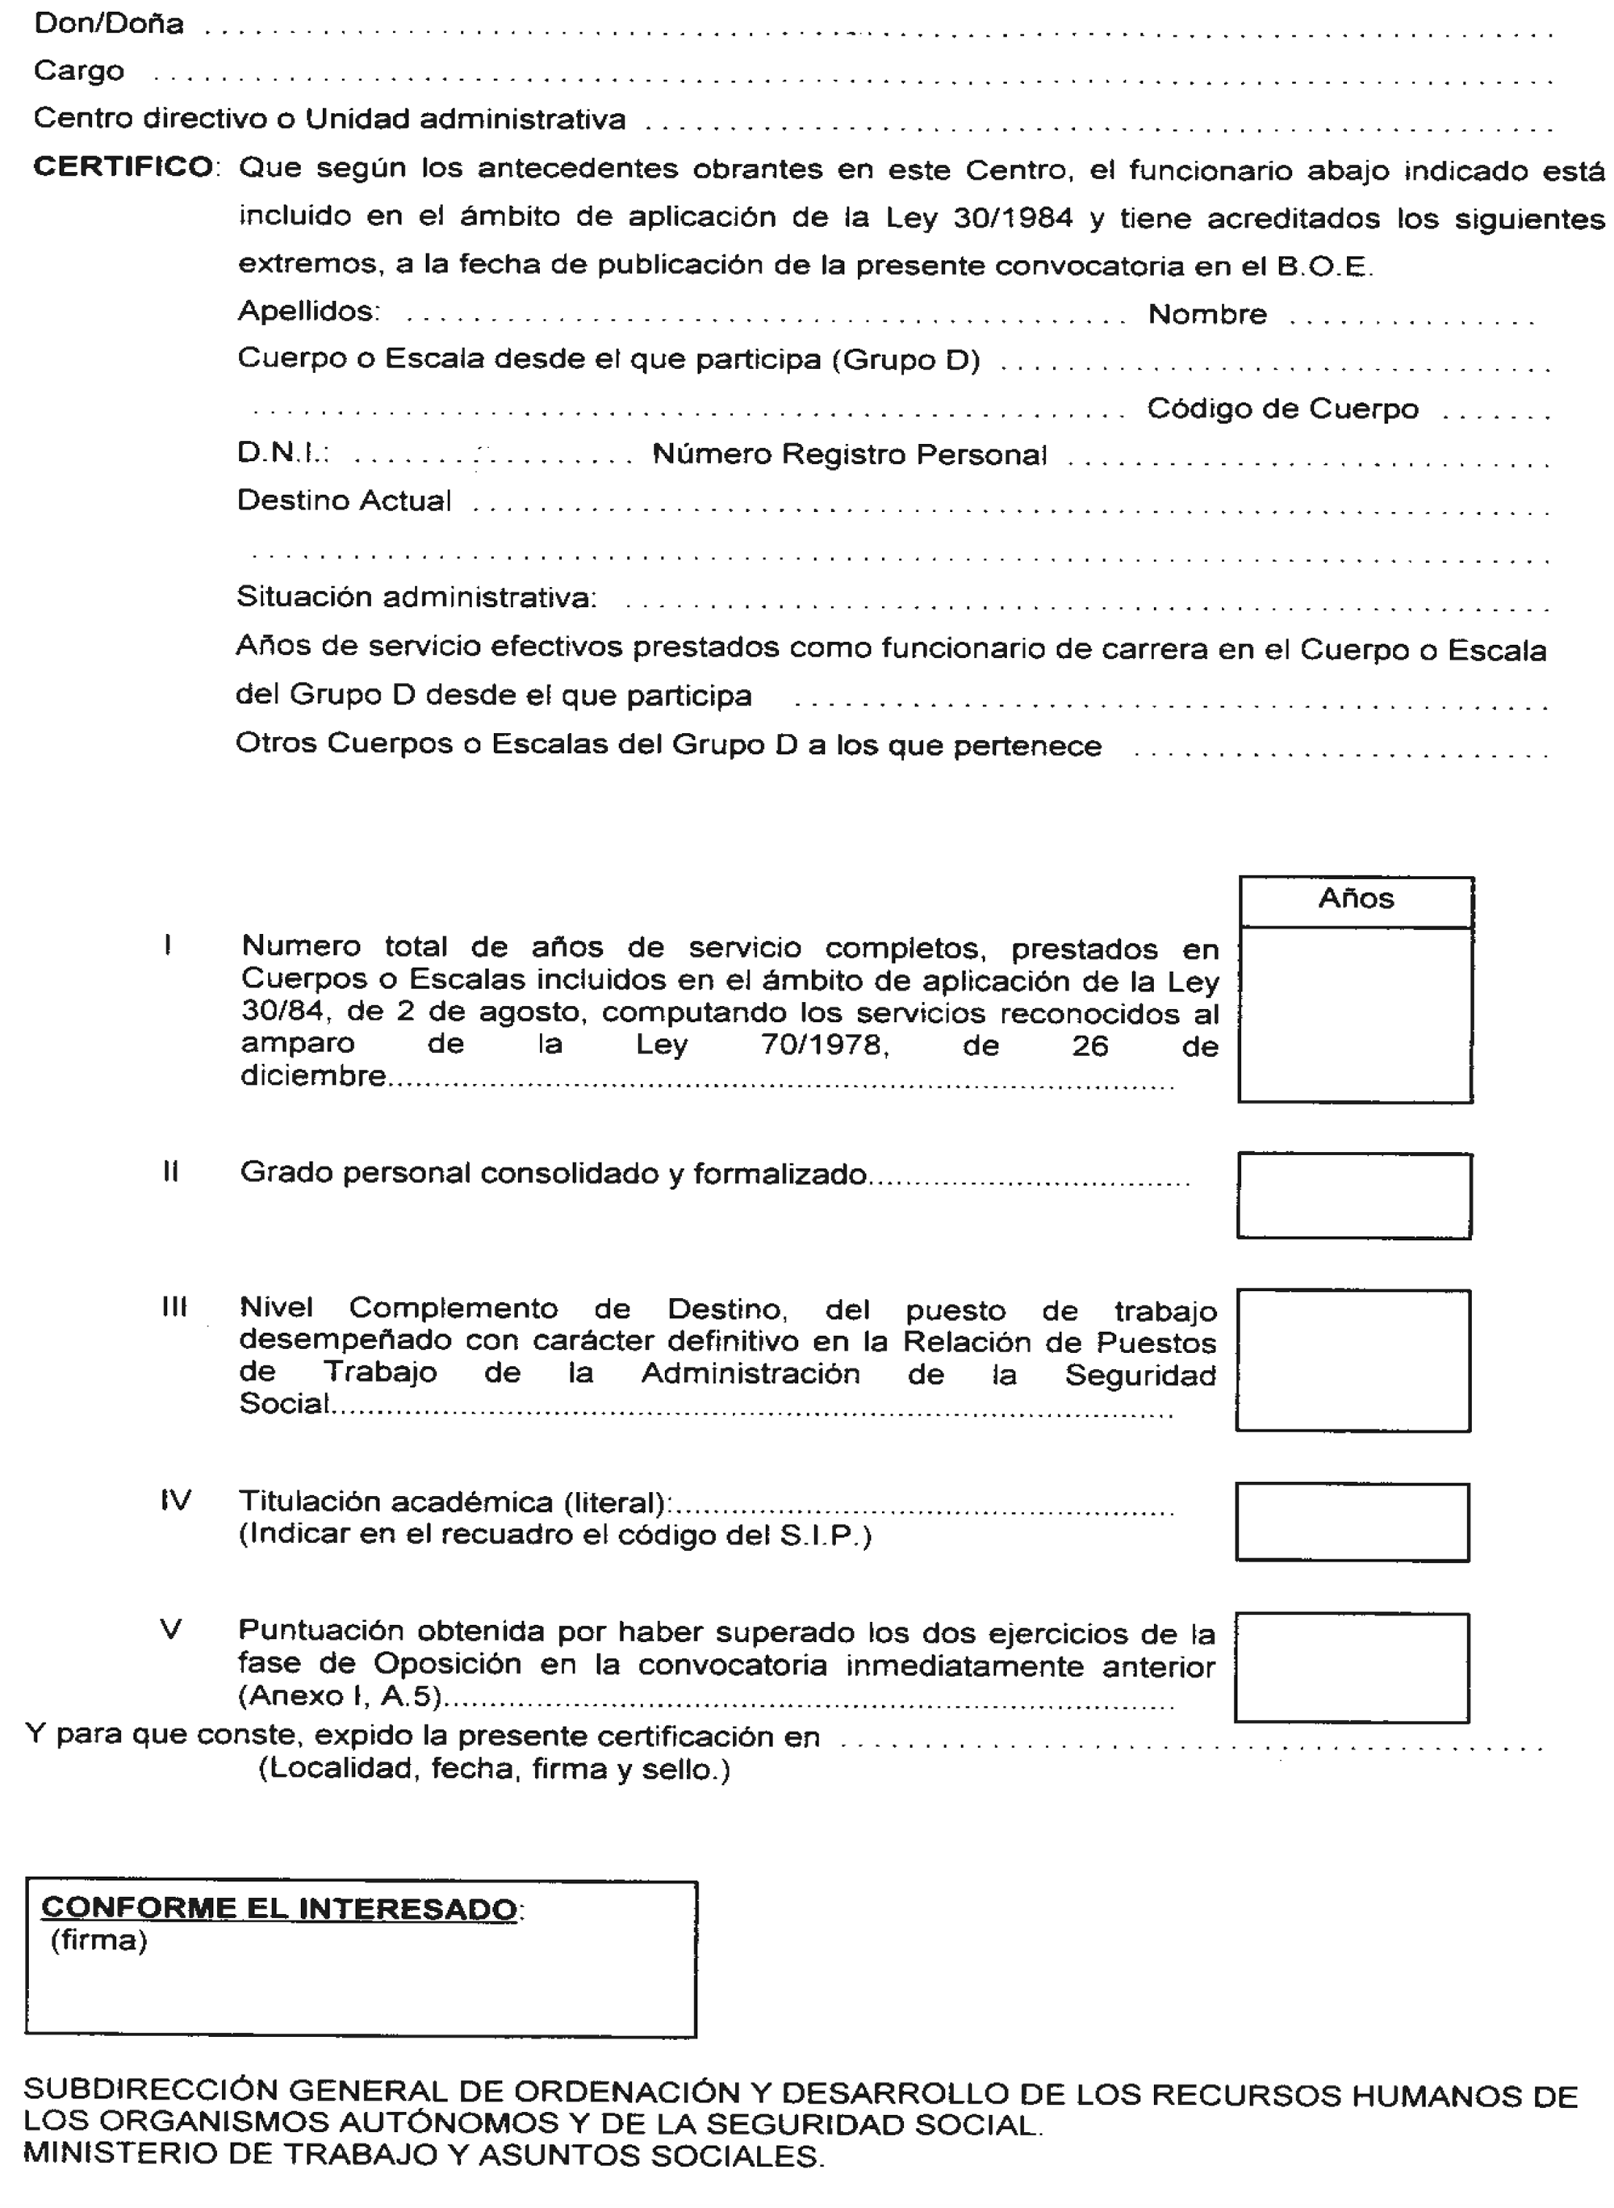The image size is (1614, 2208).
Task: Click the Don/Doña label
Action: tap(108, 23)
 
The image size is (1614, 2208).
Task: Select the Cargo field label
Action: tap(78, 71)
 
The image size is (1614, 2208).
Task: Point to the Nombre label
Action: tap(1206, 315)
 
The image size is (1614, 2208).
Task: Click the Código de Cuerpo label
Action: tap(1282, 409)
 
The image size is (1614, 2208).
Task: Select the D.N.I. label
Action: tap(282, 453)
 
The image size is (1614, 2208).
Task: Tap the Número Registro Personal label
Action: tap(849, 455)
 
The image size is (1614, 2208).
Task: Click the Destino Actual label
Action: tap(344, 501)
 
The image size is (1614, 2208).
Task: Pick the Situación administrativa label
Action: tap(416, 597)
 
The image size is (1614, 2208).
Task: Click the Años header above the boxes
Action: tap(1355, 899)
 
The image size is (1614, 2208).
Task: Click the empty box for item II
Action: tap(1354, 1196)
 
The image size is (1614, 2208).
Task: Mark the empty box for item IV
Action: tap(1353, 1522)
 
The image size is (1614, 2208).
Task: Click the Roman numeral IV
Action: tap(176, 1500)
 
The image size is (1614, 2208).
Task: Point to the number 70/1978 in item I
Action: tap(824, 1045)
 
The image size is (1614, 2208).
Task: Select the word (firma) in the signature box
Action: tap(98, 1939)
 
